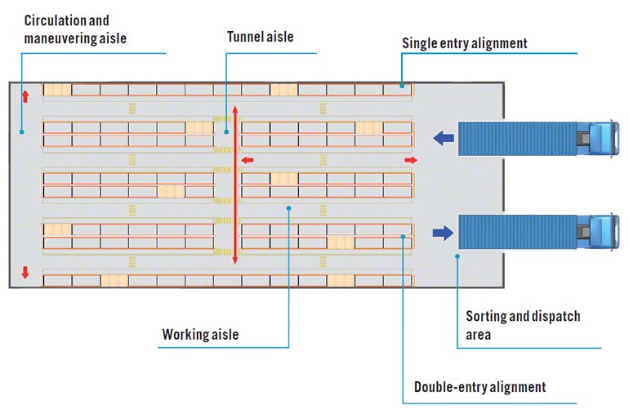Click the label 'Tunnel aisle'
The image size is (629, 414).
click(260, 37)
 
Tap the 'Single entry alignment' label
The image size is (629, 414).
click(464, 42)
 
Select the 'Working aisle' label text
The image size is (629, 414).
click(200, 334)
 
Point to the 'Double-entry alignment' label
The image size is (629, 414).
click(480, 386)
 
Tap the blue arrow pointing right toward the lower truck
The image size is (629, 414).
click(444, 234)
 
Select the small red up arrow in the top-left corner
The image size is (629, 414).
click(25, 96)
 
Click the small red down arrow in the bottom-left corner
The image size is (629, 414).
click(25, 273)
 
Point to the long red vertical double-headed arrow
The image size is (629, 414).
click(235, 184)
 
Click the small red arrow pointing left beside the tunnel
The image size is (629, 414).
click(247, 160)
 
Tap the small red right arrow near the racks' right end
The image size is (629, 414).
click(410, 160)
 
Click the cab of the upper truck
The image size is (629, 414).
click(601, 138)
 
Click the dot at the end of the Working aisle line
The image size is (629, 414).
click(289, 208)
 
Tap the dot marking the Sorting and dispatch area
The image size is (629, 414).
click(457, 256)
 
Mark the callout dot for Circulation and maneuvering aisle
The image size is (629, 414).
click(22, 130)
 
